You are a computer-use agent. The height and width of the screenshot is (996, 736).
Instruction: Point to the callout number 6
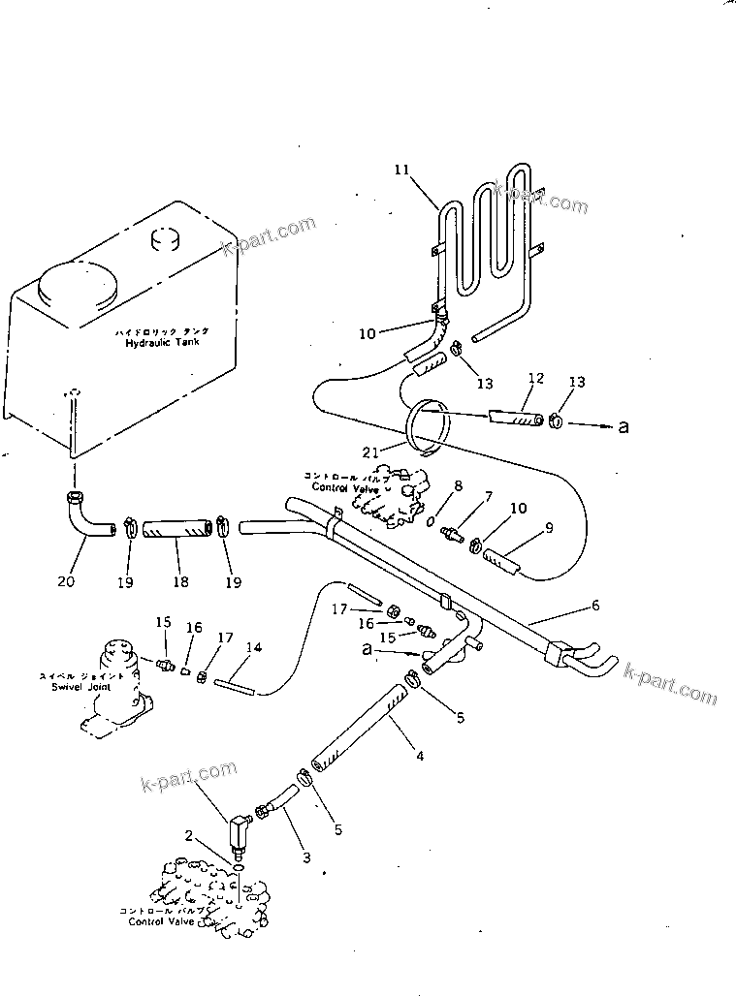tap(595, 606)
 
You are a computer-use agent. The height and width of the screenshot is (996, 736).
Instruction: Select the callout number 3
tap(305, 856)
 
